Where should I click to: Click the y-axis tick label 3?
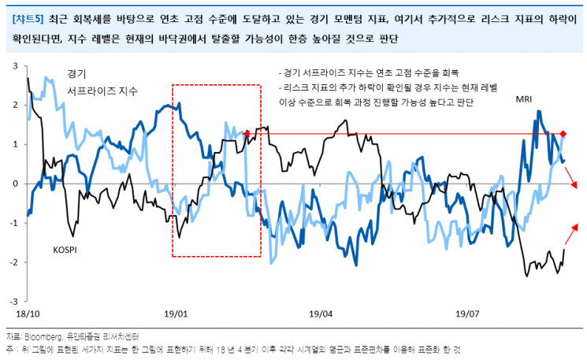(15, 66)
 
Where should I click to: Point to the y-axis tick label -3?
(13, 302)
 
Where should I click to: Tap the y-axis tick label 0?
(15, 184)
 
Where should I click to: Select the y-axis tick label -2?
(13, 262)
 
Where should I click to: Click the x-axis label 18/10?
(28, 314)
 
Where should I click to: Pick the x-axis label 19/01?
(176, 314)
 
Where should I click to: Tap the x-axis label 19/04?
(321, 314)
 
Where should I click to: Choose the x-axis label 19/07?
(466, 314)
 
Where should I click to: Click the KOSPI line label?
(65, 250)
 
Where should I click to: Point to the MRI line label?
(524, 99)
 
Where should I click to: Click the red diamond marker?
(563, 134)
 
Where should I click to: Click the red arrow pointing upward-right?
(570, 235)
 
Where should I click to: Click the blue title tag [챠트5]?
(28, 19)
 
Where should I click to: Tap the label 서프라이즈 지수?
(102, 91)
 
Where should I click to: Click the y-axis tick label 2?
(15, 105)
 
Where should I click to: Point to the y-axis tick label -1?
(13, 223)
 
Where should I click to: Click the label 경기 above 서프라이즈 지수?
(76, 74)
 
